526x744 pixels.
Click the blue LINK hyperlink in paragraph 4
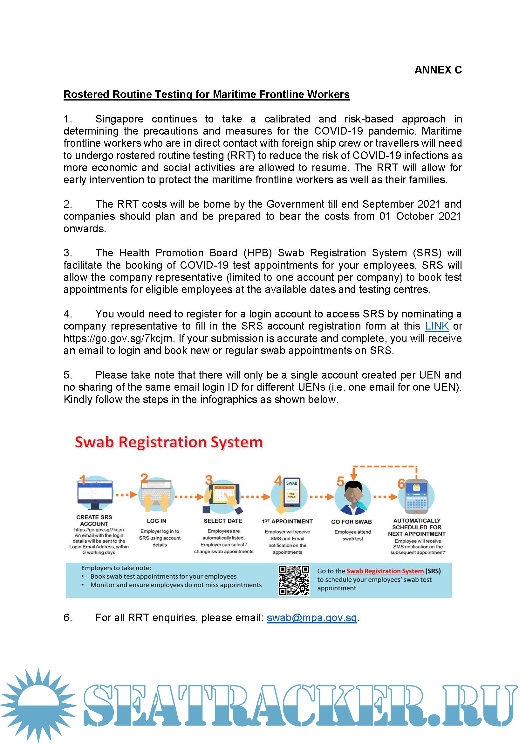[x=437, y=326]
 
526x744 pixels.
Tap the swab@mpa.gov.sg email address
[x=311, y=618]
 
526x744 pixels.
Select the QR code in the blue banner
[x=294, y=580]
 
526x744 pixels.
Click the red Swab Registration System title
[x=168, y=442]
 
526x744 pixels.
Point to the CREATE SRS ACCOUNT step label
[x=94, y=520]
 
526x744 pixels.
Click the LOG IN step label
[x=156, y=521]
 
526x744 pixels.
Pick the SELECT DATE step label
[x=223, y=521]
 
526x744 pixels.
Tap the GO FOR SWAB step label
[x=351, y=522]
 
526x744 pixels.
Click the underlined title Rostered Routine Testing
[x=206, y=94]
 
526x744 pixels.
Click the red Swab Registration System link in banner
[x=385, y=571]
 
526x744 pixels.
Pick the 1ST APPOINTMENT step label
[x=287, y=521]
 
